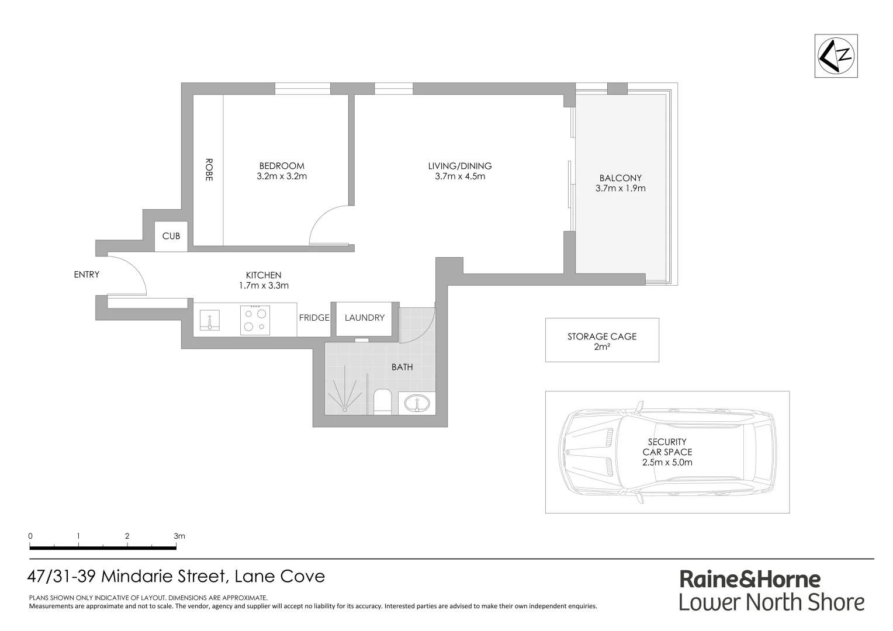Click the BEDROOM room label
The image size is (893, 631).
(282, 166)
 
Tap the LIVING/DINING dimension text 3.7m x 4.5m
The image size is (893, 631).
(459, 176)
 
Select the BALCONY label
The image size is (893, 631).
(620, 178)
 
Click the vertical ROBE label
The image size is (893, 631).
(209, 169)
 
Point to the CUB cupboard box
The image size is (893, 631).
(171, 236)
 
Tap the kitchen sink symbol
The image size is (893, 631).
(210, 321)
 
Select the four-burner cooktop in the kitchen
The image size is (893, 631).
(255, 320)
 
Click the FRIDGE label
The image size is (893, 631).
(314, 318)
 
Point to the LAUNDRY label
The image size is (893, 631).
(364, 318)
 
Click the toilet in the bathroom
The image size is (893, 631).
(382, 402)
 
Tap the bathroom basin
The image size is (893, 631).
(417, 403)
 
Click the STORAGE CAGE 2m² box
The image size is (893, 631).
(601, 340)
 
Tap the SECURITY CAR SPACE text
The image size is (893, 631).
(667, 452)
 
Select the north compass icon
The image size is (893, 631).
(836, 56)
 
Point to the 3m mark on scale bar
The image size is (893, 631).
(177, 536)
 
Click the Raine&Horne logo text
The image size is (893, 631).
(750, 579)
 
